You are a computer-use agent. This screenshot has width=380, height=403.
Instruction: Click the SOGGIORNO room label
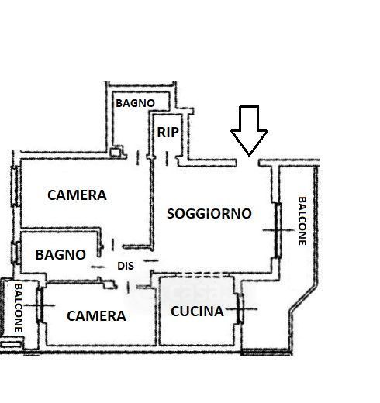tap(209, 214)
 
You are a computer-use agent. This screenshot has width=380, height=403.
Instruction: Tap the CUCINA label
tap(197, 312)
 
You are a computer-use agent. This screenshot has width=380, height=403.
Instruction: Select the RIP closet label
tap(168, 133)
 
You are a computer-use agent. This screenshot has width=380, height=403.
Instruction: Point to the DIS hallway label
tap(126, 266)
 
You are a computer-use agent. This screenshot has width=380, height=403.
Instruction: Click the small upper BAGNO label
tap(135, 103)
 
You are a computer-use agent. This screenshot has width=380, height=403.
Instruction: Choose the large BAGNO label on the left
tap(60, 255)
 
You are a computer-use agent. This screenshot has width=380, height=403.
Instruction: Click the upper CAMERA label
tap(77, 195)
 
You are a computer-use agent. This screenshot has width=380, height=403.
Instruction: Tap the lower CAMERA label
tap(96, 316)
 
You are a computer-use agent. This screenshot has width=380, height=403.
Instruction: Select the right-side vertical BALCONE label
tap(302, 221)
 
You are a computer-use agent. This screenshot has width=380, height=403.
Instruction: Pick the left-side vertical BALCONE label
tap(18, 308)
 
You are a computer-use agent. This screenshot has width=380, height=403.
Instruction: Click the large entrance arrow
tap(249, 130)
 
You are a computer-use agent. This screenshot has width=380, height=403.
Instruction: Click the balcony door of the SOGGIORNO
tap(278, 230)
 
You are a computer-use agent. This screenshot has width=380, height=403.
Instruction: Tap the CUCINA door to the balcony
tap(240, 308)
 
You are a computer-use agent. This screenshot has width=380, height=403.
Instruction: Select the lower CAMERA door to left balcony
tap(40, 305)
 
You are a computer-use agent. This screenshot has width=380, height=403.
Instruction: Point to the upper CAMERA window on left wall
tap(16, 186)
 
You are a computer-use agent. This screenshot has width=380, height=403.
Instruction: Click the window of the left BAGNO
tap(16, 253)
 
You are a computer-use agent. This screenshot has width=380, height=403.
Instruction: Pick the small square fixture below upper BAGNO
tap(116, 151)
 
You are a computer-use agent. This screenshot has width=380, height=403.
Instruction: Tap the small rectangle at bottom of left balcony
tap(11, 344)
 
